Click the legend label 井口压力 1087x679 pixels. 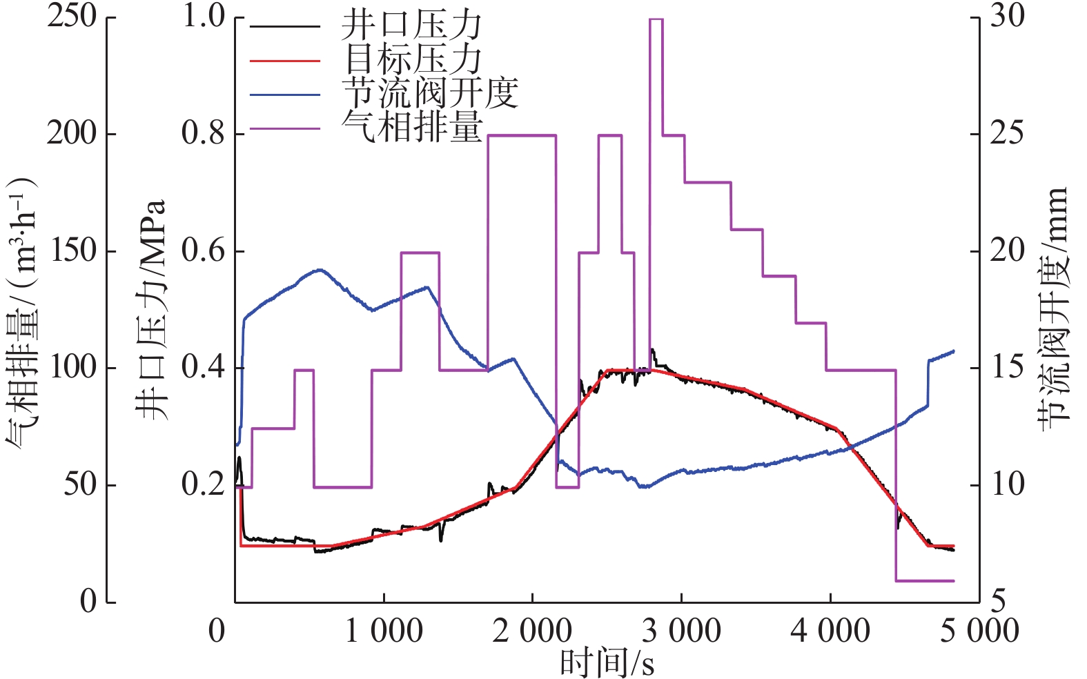[x=411, y=26]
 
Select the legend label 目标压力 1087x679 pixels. [x=412, y=59]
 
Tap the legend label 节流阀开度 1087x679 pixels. [x=429, y=92]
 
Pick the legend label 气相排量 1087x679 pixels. [x=412, y=126]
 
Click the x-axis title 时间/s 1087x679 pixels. [x=607, y=662]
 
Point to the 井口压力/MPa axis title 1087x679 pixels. [x=150, y=310]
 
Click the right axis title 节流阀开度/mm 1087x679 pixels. [x=1053, y=309]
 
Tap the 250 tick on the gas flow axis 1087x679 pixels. [x=71, y=17]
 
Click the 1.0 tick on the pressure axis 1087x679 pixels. [x=204, y=17]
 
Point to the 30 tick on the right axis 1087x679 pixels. [x=1008, y=17]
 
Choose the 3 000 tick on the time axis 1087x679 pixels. [x=681, y=631]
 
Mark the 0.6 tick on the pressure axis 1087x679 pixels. [x=204, y=251]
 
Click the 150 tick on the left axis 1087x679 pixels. [x=71, y=251]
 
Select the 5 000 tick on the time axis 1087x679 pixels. [x=979, y=631]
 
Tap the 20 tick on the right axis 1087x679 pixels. [x=1008, y=251]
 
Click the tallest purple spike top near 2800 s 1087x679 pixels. [x=656, y=20]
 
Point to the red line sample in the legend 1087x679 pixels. [x=284, y=61]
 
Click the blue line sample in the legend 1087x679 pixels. [x=284, y=95]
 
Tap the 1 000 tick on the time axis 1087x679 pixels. [x=384, y=631]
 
